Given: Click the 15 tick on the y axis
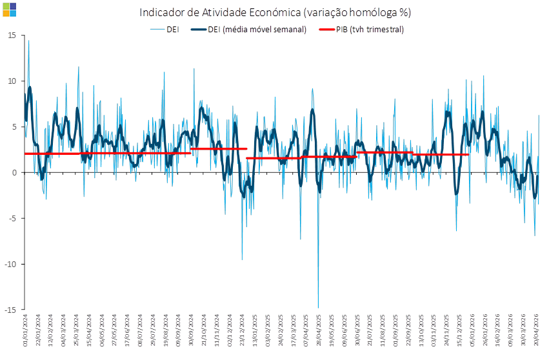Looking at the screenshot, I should pyautogui.click(x=12, y=35).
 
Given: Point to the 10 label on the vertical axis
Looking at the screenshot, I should pyautogui.click(x=12, y=81).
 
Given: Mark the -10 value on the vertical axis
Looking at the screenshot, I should pyautogui.click(x=11, y=264).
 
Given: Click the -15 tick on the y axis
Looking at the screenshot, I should pyautogui.click(x=11, y=310).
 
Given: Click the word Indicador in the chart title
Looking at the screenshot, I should pyautogui.click(x=162, y=12).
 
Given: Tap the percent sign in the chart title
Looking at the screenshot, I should pyautogui.click(x=405, y=12).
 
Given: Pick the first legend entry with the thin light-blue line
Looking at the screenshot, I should pyautogui.click(x=165, y=29).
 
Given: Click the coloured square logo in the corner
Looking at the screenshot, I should pyautogui.click(x=10, y=9).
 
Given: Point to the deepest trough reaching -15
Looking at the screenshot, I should pyautogui.click(x=318, y=308).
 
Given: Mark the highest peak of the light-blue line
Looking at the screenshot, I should pyautogui.click(x=28, y=41).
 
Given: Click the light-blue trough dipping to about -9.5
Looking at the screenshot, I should pyautogui.click(x=243, y=259).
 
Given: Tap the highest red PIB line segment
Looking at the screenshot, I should pyautogui.click(x=219, y=149).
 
